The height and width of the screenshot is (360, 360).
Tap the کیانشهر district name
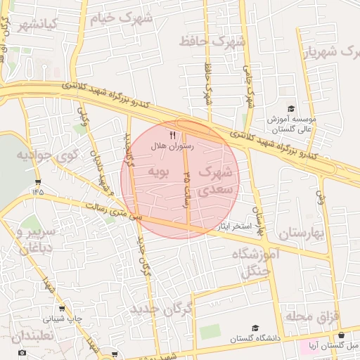(37, 27)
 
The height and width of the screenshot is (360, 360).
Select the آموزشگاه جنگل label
(256, 264)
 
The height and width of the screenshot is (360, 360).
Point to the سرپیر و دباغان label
(33, 240)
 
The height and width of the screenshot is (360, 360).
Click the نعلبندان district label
(33, 336)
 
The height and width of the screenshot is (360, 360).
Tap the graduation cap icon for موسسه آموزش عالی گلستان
(271, 108)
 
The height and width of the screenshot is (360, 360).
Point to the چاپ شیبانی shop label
(65, 319)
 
